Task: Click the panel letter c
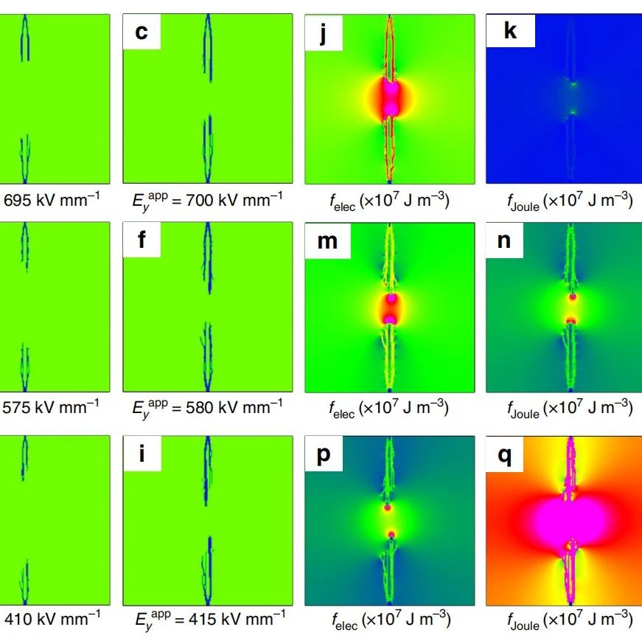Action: (139, 32)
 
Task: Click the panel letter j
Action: (322, 32)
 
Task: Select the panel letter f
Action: (139, 240)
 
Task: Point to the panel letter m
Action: (324, 240)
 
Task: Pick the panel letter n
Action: (505, 240)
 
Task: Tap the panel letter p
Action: (322, 454)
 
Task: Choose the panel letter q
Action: (505, 454)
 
